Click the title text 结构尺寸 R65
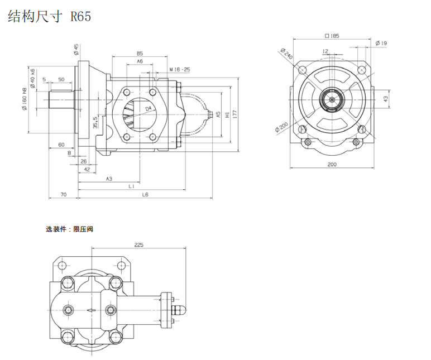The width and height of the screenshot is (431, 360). [49, 17]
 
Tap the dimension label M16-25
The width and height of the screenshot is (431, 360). [180, 70]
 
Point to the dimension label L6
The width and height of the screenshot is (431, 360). [145, 194]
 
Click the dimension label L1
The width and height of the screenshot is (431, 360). [131, 186]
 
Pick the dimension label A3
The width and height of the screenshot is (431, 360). [109, 179]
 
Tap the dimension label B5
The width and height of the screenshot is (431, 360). [139, 53]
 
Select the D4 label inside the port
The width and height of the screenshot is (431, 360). [149, 108]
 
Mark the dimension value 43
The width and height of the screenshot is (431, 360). [385, 98]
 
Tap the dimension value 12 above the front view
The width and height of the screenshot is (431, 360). [325, 51]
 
